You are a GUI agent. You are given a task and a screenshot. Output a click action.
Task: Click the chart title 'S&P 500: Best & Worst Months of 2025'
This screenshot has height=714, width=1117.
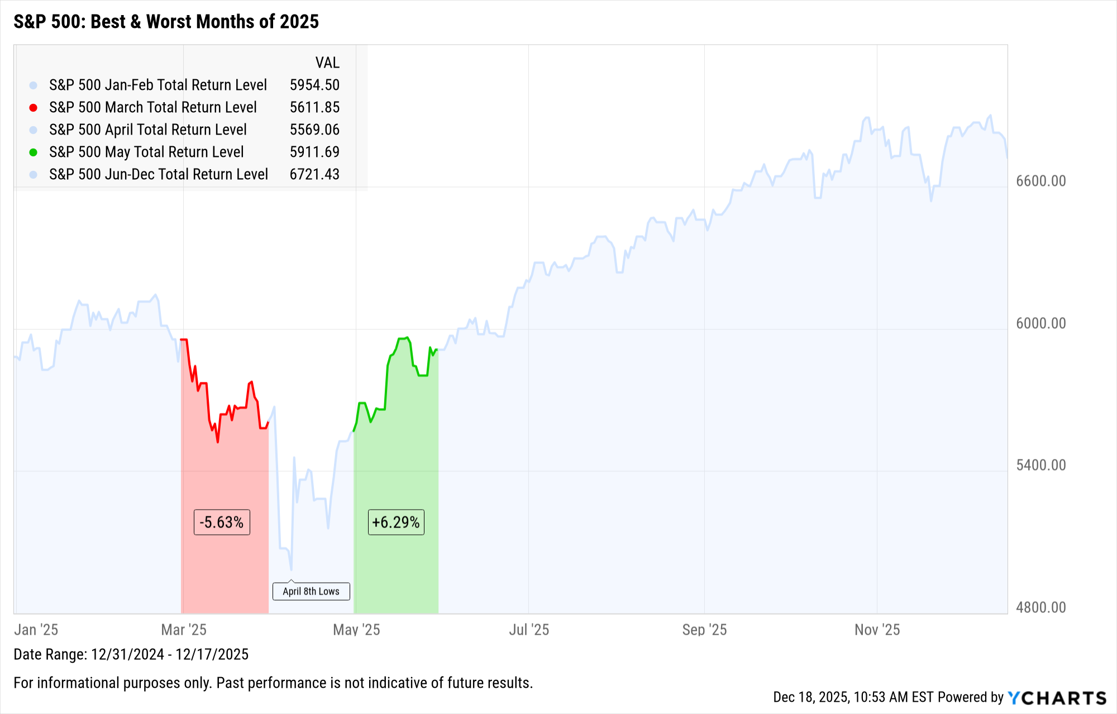pyautogui.click(x=166, y=22)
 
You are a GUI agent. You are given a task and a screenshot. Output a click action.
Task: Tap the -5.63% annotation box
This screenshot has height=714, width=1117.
pyautogui.click(x=222, y=523)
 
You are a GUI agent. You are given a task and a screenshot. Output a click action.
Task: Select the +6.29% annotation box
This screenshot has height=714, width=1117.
pyautogui.click(x=396, y=523)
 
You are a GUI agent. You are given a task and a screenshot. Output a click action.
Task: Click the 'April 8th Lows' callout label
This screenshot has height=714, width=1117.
pyautogui.click(x=311, y=591)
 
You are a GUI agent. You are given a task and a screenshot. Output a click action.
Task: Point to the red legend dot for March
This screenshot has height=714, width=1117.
pyautogui.click(x=34, y=108)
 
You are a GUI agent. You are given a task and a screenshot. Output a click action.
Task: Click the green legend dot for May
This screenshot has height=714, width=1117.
pyautogui.click(x=34, y=152)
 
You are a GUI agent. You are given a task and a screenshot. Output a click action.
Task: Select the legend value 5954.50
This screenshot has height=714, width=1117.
pyautogui.click(x=314, y=85)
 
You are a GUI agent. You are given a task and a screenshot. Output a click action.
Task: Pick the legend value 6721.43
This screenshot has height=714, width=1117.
pyautogui.click(x=314, y=174)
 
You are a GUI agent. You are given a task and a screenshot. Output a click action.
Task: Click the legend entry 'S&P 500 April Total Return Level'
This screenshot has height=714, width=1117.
pyautogui.click(x=147, y=130)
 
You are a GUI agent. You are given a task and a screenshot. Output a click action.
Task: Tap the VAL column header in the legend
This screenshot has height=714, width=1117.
pyautogui.click(x=327, y=63)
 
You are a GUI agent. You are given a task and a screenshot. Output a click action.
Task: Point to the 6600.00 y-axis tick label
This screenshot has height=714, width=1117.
pyautogui.click(x=1040, y=181)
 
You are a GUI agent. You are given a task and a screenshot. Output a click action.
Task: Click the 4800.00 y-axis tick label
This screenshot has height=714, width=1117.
pyautogui.click(x=1040, y=607)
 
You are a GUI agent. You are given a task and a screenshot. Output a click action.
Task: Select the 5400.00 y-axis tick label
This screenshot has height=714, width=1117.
pyautogui.click(x=1040, y=465)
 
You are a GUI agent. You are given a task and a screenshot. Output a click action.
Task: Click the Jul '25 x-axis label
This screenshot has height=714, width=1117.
pyautogui.click(x=529, y=630)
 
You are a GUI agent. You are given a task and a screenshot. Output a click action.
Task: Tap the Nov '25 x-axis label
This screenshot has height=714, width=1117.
pyautogui.click(x=877, y=630)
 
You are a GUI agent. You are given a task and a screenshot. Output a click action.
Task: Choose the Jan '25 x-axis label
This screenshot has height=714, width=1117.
pyautogui.click(x=36, y=630)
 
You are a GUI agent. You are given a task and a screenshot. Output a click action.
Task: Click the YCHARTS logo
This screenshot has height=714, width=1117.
pyautogui.click(x=1057, y=698)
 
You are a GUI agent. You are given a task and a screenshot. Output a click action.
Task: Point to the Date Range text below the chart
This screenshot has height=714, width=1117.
pyautogui.click(x=131, y=654)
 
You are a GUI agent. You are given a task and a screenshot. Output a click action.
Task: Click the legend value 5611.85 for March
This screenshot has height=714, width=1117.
pyautogui.click(x=314, y=107)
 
